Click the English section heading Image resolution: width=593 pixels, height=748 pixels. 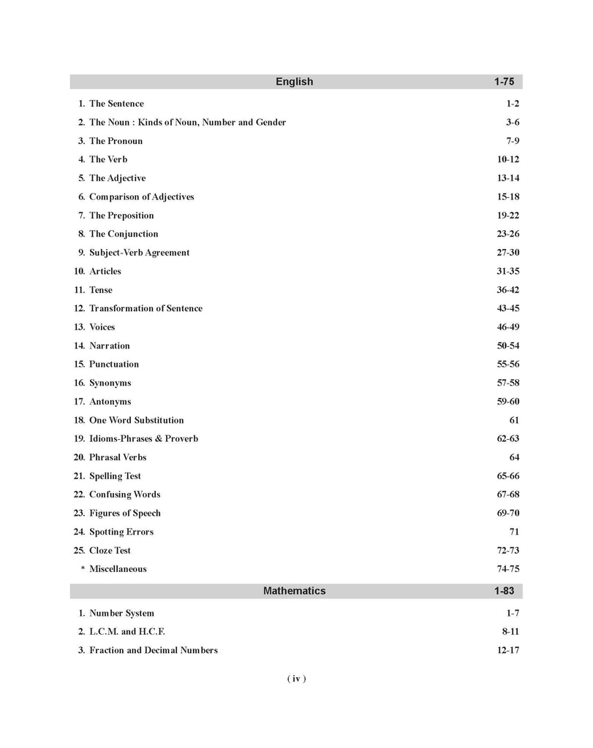point(294,82)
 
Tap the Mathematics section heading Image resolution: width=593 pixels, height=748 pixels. point(294,591)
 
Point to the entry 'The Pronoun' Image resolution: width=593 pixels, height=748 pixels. point(116,141)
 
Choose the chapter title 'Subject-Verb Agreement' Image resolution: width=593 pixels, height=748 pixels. point(139,253)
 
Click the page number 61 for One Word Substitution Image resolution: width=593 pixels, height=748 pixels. point(513,421)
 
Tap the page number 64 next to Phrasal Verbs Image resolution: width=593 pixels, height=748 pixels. point(513,458)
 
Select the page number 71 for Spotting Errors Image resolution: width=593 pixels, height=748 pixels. point(513,533)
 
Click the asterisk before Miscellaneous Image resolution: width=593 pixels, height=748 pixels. point(83,570)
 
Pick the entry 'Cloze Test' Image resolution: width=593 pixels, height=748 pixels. point(110,551)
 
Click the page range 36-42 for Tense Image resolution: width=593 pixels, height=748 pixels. point(507,290)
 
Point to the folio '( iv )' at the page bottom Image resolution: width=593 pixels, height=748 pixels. point(295,679)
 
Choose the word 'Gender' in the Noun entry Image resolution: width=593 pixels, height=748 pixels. point(270,123)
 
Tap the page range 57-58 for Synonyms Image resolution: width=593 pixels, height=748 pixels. point(507,383)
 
